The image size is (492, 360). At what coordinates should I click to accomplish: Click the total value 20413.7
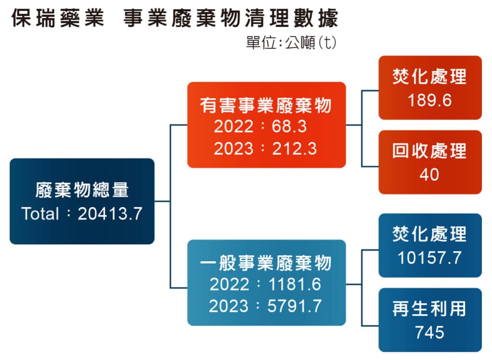110,214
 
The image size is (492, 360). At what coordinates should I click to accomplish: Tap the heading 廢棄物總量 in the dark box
82,190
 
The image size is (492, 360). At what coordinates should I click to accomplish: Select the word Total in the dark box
40,214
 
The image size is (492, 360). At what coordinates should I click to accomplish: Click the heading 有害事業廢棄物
266,105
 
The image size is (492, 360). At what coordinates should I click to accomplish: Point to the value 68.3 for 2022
289,127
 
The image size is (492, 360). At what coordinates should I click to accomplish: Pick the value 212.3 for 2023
295,149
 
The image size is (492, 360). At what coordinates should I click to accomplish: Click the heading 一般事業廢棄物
266,263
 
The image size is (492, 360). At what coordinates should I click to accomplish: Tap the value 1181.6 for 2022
295,285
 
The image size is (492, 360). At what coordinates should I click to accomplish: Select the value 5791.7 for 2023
295,306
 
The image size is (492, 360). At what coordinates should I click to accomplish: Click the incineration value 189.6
430,100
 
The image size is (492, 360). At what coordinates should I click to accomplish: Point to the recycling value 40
429,175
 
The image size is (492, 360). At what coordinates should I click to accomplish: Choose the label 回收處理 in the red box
430,151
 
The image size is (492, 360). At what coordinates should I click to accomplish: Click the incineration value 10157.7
430,258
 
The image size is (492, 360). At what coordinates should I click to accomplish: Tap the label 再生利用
430,309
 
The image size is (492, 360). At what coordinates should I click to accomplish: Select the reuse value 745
430,333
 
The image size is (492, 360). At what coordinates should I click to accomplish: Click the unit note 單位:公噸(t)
291,43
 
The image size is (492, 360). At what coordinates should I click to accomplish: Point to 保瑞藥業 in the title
58,18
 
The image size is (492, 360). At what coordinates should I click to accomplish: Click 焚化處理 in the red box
430,76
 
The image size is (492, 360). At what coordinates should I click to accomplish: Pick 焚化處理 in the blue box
430,234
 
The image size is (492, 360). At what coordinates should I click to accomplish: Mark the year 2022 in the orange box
234,127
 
